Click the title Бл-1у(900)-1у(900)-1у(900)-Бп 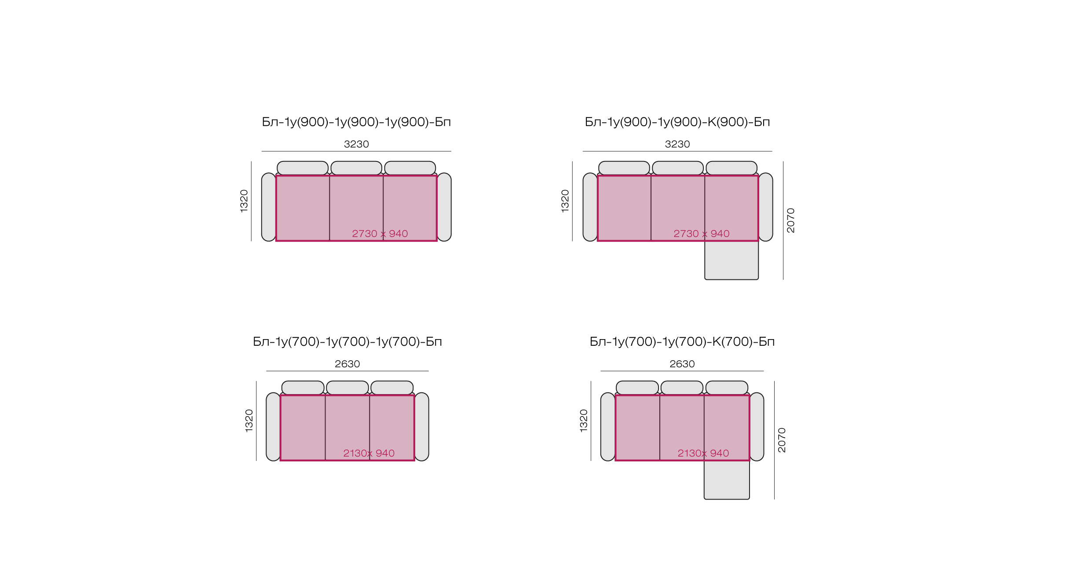click(356, 122)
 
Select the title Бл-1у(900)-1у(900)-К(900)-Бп click(677, 122)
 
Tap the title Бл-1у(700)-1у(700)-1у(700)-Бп click(347, 341)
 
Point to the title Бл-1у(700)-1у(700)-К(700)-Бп click(682, 341)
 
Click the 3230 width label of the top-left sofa click(356, 144)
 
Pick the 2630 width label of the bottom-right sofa click(682, 364)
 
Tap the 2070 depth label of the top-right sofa click(791, 220)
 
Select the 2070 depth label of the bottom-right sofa click(782, 440)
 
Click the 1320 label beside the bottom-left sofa click(249, 421)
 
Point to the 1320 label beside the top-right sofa click(565, 201)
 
